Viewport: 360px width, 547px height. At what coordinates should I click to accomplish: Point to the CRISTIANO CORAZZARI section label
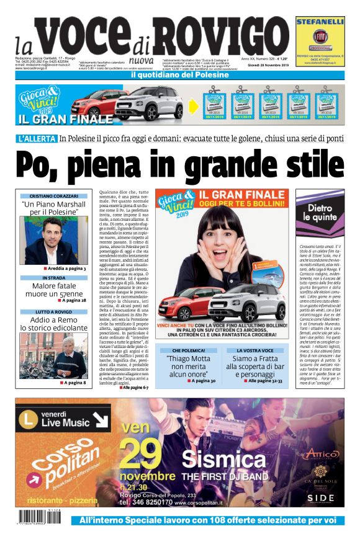click(x=53, y=196)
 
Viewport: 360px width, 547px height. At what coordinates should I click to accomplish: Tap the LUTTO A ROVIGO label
click(x=53, y=312)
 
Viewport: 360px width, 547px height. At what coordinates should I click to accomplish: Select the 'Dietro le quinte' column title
click(x=320, y=213)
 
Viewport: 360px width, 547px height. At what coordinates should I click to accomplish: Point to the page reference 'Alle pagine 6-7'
click(x=135, y=388)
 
